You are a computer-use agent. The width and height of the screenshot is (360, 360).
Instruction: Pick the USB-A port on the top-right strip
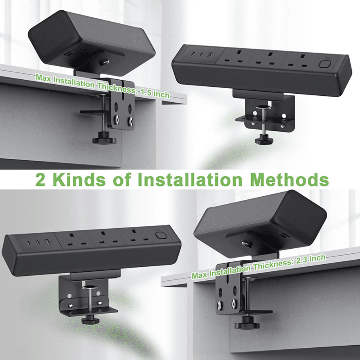pos(210,55)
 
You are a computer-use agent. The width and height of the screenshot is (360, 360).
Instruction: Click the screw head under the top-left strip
pos(105,62)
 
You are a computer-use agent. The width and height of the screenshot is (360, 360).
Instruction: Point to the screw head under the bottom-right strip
pos(247,244)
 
